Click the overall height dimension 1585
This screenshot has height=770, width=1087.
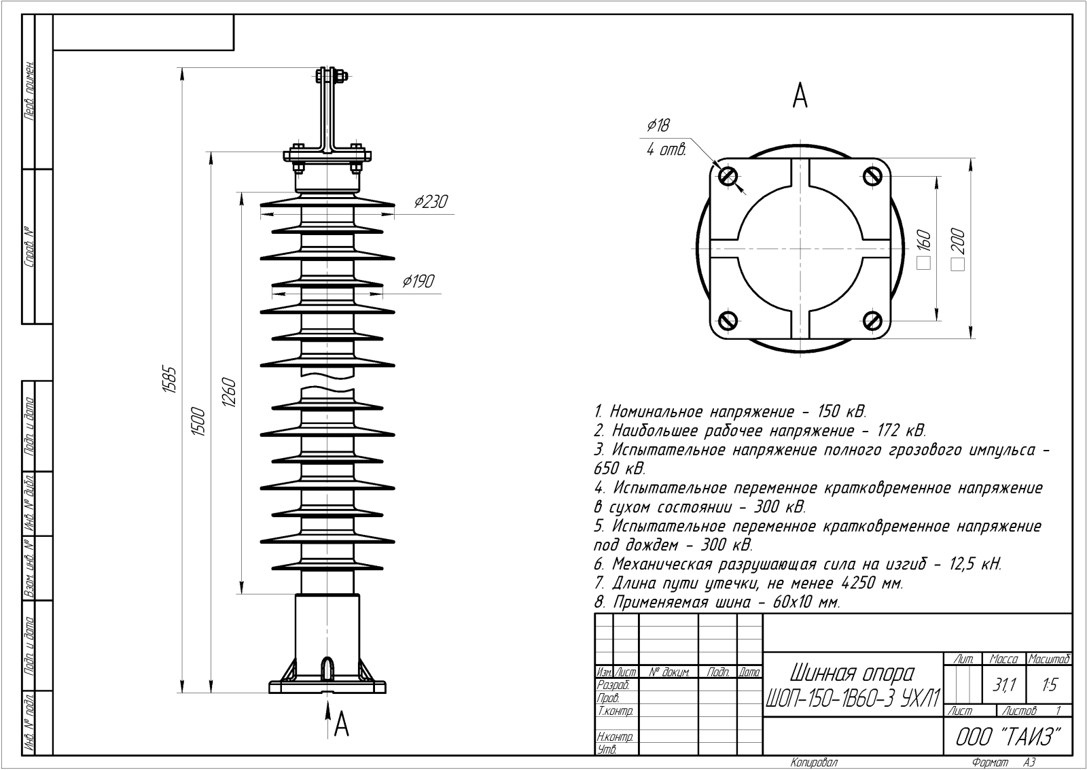[169, 380]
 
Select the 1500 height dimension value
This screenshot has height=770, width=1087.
[200, 421]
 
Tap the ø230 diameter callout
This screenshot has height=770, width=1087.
[431, 201]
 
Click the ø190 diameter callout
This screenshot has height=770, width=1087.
[418, 281]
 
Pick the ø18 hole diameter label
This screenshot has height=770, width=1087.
[658, 126]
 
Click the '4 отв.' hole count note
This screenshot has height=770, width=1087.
[666, 150]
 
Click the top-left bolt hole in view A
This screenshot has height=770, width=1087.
[728, 176]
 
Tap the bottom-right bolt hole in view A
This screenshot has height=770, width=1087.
[872, 320]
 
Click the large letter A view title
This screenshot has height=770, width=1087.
[800, 96]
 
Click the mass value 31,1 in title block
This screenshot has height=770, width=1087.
[1003, 685]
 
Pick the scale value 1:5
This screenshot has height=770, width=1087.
[1049, 685]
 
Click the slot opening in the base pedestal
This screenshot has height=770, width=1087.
[328, 669]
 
